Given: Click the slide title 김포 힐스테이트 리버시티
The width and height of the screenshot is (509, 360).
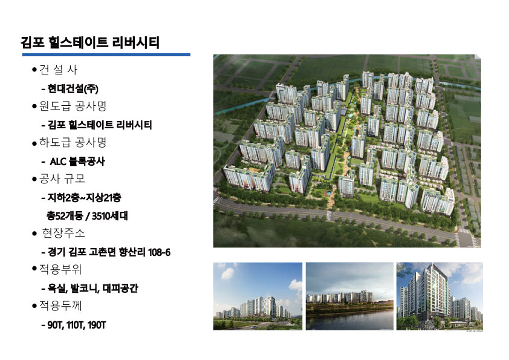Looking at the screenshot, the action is (90, 42).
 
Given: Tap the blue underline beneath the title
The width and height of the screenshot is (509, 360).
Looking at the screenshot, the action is (106, 55).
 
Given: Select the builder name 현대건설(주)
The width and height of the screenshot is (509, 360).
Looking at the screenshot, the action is (73, 88).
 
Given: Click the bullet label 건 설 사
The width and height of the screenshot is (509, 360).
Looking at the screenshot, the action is (58, 70).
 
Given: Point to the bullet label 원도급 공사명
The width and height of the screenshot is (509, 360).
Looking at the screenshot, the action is (73, 106).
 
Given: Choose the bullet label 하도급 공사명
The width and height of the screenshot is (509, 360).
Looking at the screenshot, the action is (73, 142).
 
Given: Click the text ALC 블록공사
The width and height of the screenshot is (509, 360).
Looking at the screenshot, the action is (77, 161).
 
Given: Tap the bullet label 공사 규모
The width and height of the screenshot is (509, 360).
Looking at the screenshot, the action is (62, 178).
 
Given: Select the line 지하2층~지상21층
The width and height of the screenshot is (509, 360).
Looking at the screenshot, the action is (85, 197).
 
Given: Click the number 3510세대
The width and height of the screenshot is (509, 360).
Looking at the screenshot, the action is (110, 216).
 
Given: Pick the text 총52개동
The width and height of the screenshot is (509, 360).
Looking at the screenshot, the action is (65, 216).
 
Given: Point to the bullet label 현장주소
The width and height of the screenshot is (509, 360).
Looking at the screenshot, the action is (63, 233).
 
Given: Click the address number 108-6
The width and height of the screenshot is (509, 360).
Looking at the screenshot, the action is (159, 252).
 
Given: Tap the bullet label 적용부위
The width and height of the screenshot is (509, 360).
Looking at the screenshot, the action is (60, 269).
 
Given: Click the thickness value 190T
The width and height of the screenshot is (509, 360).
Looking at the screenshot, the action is (97, 325).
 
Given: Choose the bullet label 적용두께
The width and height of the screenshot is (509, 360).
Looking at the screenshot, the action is (60, 306).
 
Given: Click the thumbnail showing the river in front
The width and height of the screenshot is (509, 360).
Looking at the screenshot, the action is (349, 296).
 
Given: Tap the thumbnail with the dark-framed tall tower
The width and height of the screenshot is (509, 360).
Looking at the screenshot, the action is (439, 296).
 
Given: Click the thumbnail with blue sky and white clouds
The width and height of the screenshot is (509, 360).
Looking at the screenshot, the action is (258, 296).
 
